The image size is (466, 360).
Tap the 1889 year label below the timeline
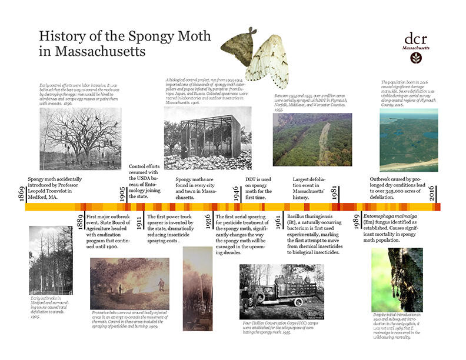coord(80,222)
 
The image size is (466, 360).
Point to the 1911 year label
coord(139,222)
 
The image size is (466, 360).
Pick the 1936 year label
coord(208,222)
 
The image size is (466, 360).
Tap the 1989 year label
coord(357,222)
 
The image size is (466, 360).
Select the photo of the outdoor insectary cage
coord(208,138)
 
